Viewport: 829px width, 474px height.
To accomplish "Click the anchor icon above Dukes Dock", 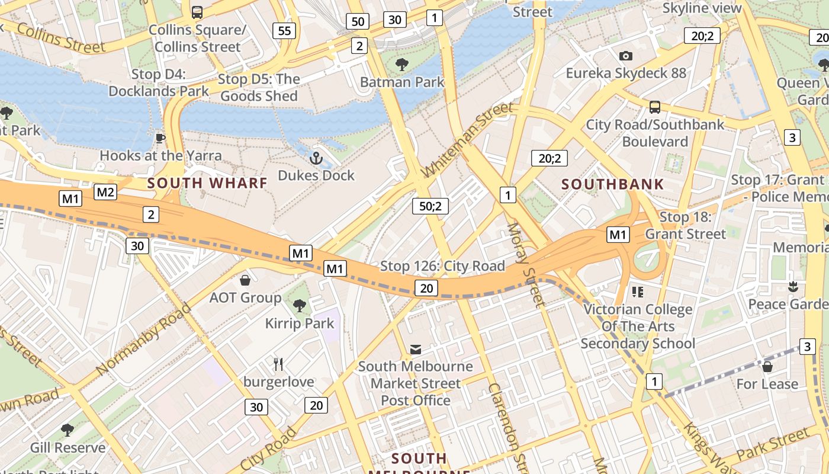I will point(316,158).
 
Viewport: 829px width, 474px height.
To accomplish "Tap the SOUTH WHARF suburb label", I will point(207,183).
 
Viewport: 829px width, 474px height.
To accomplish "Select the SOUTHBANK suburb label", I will point(613,184).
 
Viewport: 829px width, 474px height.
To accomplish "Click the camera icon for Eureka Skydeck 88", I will point(626,56).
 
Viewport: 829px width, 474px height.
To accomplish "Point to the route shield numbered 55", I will point(285,31).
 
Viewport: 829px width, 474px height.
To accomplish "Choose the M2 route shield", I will point(105,192).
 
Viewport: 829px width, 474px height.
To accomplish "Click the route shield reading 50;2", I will point(430,206).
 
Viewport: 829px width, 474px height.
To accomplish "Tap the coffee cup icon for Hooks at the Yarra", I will point(160,138).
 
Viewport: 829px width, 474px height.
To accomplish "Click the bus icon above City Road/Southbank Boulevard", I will point(655,107).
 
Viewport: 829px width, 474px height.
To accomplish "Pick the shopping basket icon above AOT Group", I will point(245,280).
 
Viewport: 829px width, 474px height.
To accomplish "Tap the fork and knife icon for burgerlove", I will point(278,364).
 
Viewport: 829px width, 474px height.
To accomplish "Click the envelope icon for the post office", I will point(416,349).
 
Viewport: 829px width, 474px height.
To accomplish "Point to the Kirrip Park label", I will point(300,324).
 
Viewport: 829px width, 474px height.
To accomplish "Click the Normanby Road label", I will point(143,339).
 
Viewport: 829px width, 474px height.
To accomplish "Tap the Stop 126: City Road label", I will point(442,266).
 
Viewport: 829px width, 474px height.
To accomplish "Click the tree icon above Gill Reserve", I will point(68,430).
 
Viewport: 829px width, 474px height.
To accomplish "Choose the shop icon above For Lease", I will point(767,367).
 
